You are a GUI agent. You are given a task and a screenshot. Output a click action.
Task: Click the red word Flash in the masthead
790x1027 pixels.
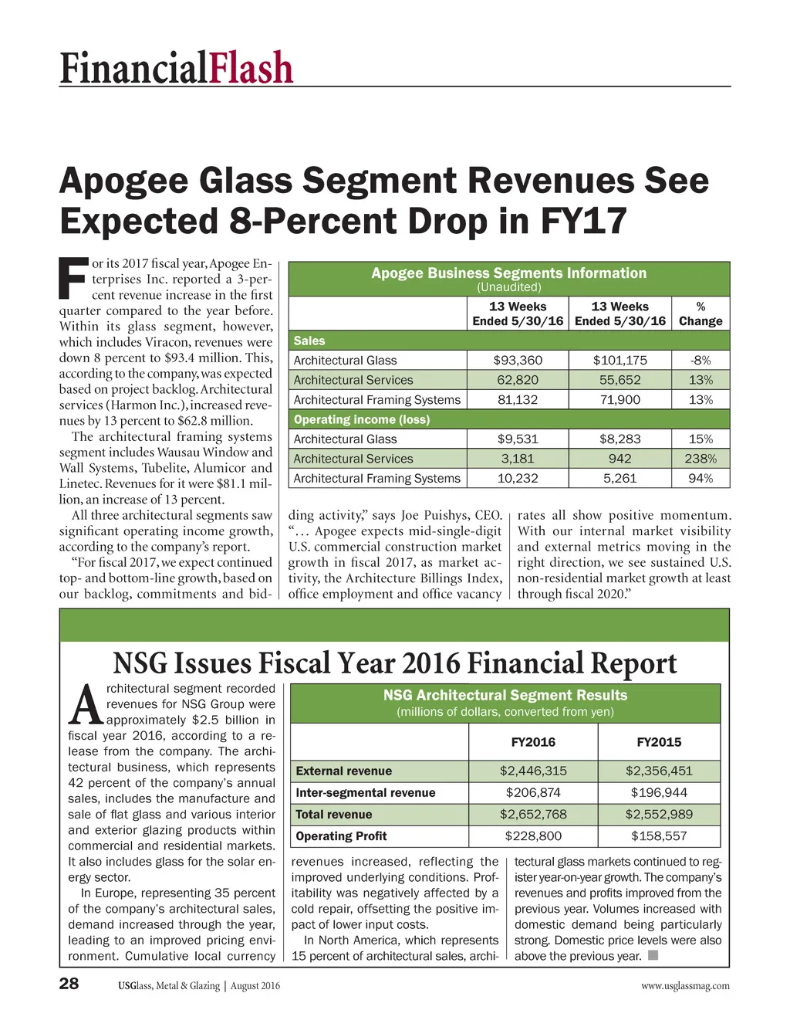coord(251,68)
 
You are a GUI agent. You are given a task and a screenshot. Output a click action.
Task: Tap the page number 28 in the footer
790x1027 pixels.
coord(69,984)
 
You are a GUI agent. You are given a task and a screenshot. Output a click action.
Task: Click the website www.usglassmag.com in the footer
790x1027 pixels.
coord(685,986)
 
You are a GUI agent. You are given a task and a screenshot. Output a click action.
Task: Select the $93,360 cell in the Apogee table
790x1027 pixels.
coord(518,361)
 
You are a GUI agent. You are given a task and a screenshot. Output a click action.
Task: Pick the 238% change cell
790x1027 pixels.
coord(701,459)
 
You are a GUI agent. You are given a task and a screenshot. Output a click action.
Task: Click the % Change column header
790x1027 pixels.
coord(701,314)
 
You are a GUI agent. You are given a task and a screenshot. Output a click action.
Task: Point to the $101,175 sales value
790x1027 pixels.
coord(620,361)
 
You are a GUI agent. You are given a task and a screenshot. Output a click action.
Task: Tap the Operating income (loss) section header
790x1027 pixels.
coord(362,419)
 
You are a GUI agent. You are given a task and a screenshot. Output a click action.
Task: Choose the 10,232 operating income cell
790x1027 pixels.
coord(518,479)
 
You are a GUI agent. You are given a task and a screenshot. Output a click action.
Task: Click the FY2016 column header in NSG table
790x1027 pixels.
coord(533,742)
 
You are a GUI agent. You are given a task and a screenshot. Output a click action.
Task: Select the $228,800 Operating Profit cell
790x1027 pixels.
coord(533,836)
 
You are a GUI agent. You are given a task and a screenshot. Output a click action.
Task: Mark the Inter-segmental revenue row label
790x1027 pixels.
coord(366,793)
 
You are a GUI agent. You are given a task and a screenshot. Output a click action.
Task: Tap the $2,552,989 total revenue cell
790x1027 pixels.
coord(659,815)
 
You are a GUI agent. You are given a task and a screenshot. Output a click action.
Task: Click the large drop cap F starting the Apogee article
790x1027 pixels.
coord(73,279)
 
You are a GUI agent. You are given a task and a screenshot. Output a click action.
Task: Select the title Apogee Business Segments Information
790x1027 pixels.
coord(509,273)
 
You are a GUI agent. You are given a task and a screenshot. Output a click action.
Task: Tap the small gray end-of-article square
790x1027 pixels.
coord(653,956)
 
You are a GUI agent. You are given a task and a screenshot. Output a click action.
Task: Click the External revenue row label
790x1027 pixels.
coord(344,771)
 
